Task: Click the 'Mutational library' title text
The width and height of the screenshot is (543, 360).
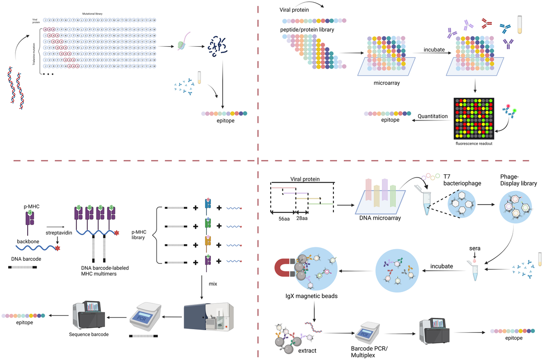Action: click(92, 14)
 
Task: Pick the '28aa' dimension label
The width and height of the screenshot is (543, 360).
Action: click(301, 218)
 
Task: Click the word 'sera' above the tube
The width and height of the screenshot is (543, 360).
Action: click(475, 248)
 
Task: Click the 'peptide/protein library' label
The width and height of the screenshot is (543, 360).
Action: click(308, 29)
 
